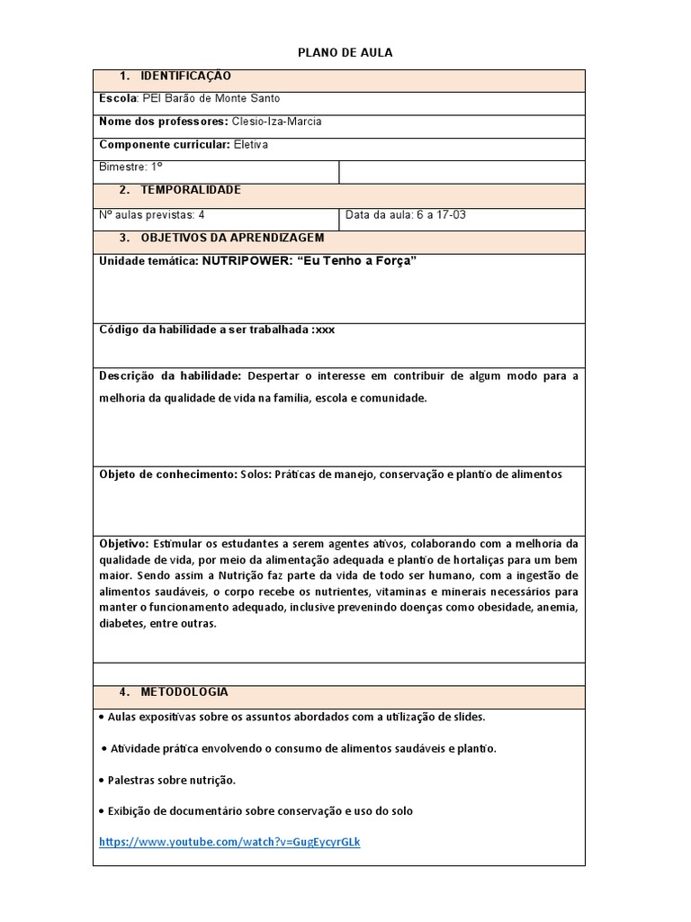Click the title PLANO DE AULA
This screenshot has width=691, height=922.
coord(345,53)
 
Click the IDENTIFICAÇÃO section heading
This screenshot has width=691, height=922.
coord(186,77)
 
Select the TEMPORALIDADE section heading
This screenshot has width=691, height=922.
coord(190,190)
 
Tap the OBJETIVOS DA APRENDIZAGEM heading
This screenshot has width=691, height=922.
coord(232,238)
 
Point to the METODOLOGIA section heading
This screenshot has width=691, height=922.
coord(184,691)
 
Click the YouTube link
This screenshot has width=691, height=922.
coord(229,842)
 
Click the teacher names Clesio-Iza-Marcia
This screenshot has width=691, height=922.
coord(276,122)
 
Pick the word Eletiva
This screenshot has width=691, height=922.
coord(250,144)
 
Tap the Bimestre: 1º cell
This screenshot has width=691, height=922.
coord(130,167)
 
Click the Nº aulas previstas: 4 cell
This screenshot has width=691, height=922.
coord(151,215)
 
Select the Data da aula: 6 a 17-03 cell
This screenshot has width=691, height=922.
coord(406,215)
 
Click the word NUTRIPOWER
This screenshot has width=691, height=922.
coord(240,261)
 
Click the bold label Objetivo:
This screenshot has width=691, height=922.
coord(123,544)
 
